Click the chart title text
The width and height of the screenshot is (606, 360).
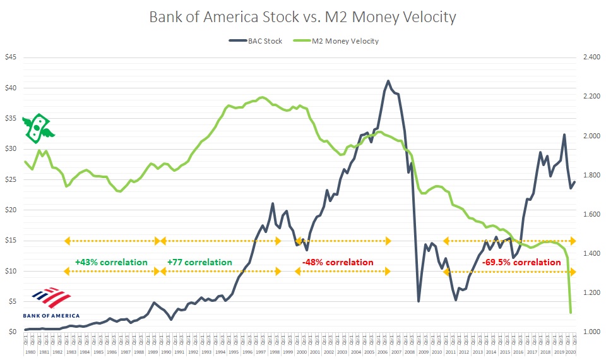(302, 16)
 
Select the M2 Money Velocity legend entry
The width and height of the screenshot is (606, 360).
(335, 41)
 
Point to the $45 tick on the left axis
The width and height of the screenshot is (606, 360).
(12, 57)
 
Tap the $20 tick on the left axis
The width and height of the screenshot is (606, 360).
(12, 210)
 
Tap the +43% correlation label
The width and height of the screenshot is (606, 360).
(110, 262)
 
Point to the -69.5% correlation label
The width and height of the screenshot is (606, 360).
(521, 262)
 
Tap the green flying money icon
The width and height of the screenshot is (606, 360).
(38, 128)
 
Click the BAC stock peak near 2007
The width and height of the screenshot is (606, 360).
(388, 81)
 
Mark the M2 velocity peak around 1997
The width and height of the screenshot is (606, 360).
(263, 97)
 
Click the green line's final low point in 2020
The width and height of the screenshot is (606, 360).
(571, 313)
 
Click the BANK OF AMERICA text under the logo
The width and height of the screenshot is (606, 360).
(51, 315)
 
